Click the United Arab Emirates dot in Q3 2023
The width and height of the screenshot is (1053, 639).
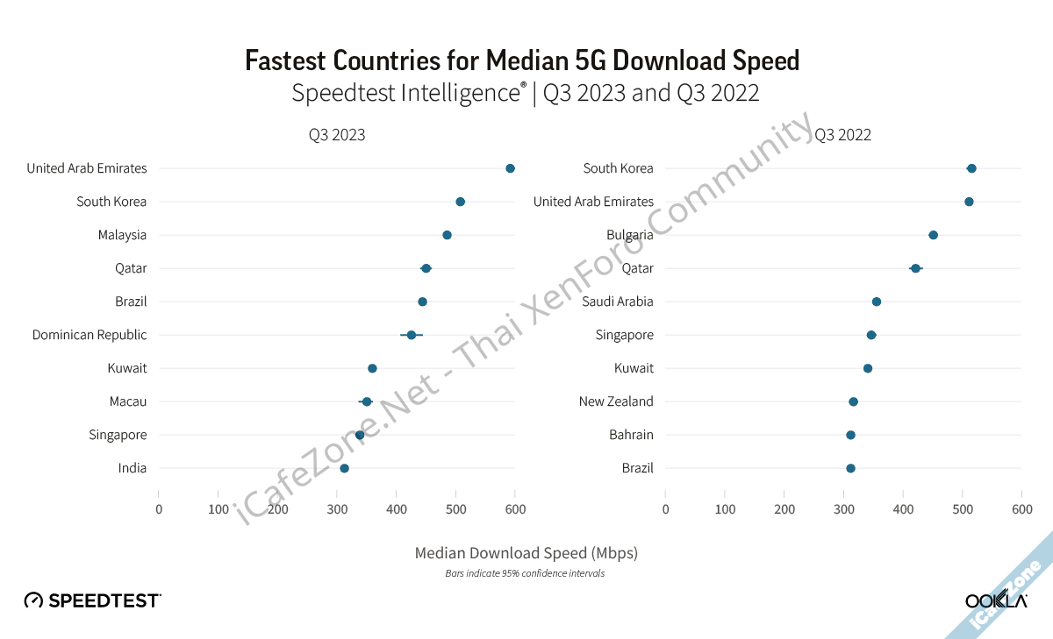tap(510, 168)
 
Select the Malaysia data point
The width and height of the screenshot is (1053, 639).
tap(447, 235)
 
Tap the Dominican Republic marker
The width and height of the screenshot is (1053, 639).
tap(411, 335)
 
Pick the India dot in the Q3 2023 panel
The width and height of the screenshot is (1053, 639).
tap(344, 468)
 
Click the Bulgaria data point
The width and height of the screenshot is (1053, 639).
tap(933, 235)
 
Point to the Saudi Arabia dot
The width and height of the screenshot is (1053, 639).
tap(876, 302)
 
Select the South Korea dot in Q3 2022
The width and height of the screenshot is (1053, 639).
tap(971, 168)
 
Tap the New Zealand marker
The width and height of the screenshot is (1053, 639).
tap(853, 401)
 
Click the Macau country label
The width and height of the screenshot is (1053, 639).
tap(128, 401)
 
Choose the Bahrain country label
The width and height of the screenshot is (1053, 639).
tap(631, 435)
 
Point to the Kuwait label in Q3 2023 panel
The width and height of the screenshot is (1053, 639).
tap(127, 368)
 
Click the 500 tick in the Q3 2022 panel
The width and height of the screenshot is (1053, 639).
tap(963, 509)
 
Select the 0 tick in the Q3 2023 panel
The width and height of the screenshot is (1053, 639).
tap(159, 509)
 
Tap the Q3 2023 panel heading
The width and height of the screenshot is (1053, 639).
tap(337, 135)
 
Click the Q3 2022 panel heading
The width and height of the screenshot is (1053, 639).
tap(842, 135)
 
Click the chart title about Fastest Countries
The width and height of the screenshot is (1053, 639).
tap(522, 60)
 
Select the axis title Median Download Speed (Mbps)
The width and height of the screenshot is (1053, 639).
tap(526, 553)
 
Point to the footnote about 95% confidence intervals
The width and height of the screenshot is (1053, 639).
tap(526, 573)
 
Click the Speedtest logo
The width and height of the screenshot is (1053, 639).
tap(93, 600)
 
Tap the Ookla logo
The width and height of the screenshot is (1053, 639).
tap(996, 600)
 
